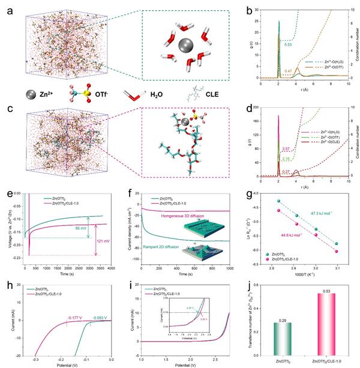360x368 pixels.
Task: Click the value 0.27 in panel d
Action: tap(287, 172)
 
